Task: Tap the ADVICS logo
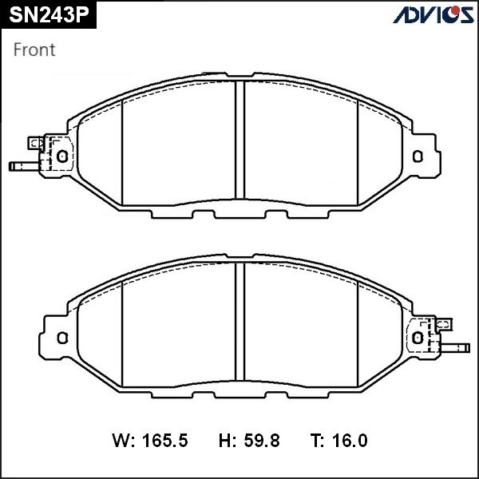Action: tap(433, 14)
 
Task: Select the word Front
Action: tap(34, 49)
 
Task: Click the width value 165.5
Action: tap(165, 440)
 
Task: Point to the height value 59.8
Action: tap(260, 440)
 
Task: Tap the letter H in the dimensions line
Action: tap(225, 440)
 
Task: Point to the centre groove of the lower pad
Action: tap(239, 327)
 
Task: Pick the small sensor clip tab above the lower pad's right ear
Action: tap(444, 324)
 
